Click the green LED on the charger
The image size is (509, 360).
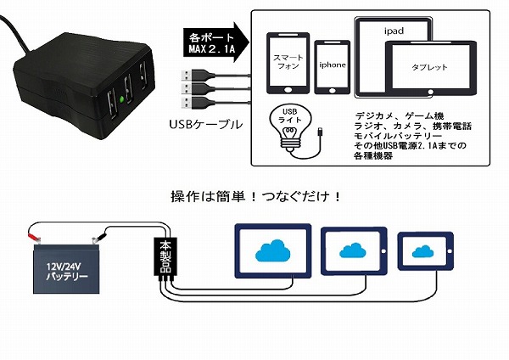click(x=124, y=100)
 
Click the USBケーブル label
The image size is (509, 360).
click(x=206, y=124)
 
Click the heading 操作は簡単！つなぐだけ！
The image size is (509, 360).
click(x=255, y=196)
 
